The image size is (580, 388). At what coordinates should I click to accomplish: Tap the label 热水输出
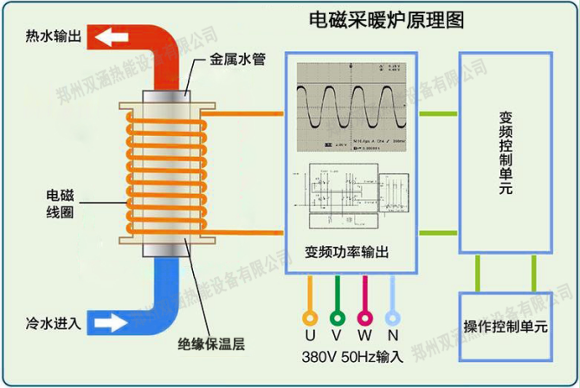click(54, 36)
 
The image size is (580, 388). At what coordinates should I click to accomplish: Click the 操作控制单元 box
click(506, 327)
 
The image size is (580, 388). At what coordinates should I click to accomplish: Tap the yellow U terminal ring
click(309, 317)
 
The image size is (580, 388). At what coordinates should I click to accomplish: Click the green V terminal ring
click(338, 317)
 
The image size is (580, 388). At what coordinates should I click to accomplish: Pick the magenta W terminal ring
click(366, 317)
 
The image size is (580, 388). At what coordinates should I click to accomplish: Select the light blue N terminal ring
click(395, 317)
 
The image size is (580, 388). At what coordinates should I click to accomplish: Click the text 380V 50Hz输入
click(352, 357)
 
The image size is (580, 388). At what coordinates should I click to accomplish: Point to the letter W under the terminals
click(366, 336)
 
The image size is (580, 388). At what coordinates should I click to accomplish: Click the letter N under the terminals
click(395, 336)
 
